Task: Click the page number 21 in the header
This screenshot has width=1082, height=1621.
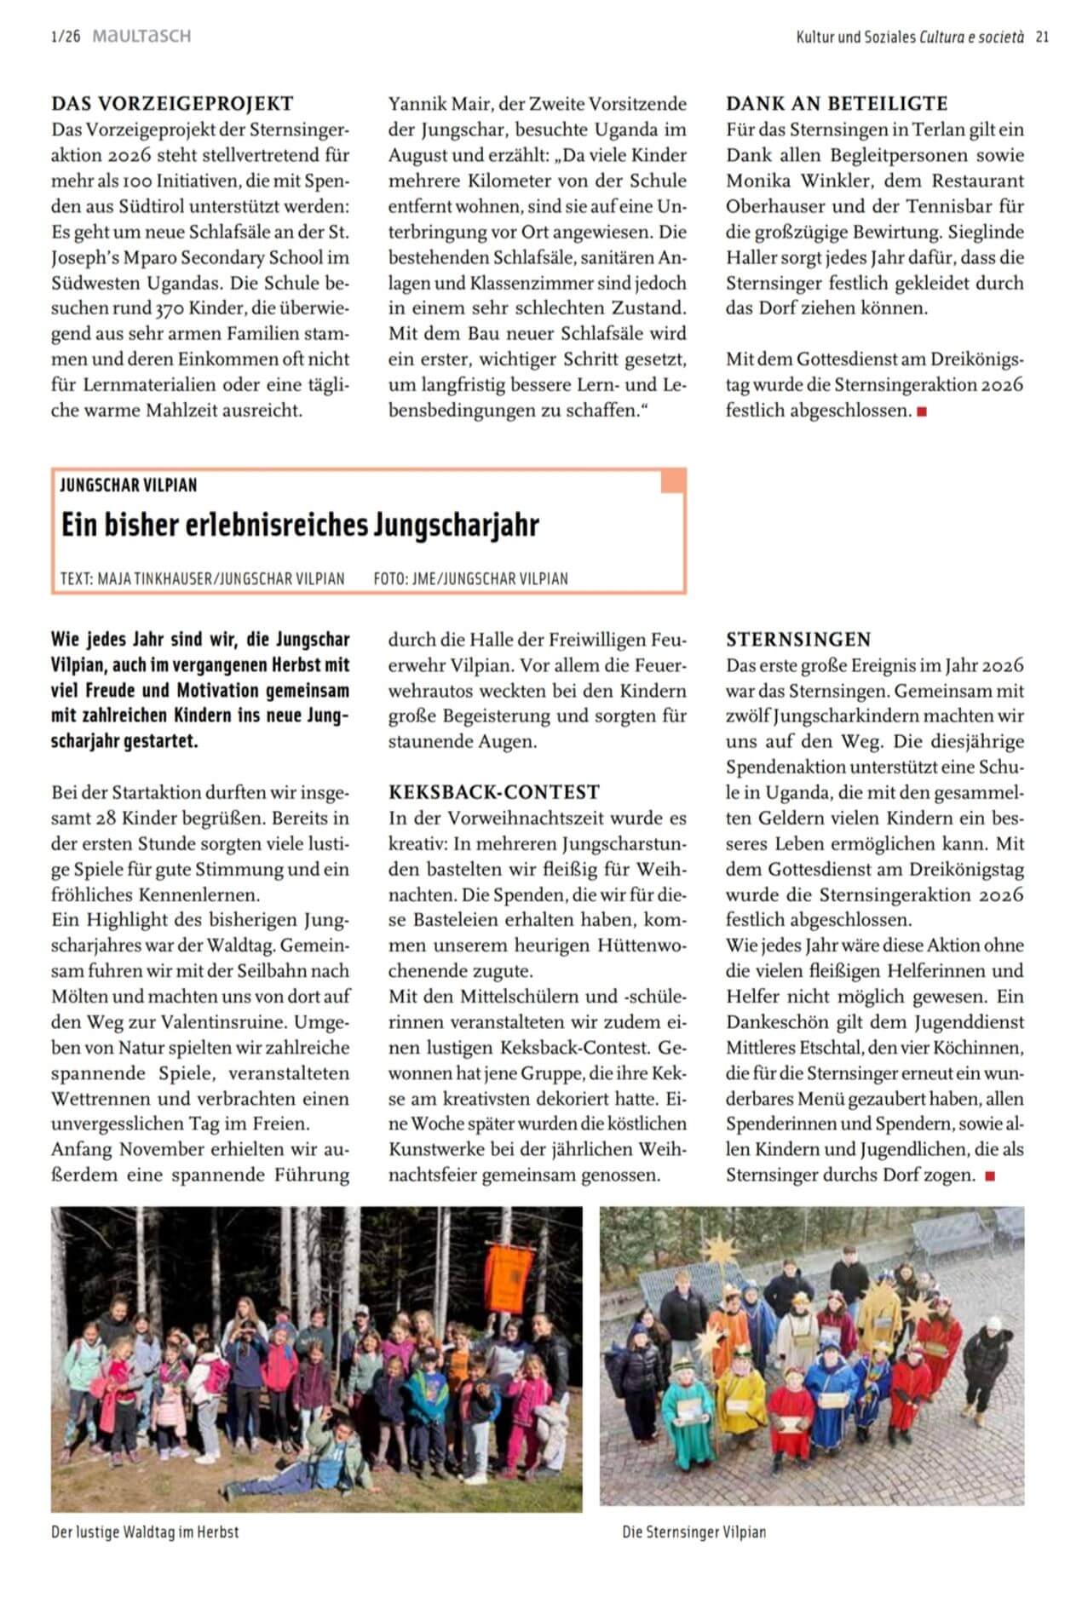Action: coord(1042,37)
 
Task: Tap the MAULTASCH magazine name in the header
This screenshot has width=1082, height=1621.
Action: coord(141,36)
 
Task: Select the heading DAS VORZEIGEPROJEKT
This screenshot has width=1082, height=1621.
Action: coord(172,104)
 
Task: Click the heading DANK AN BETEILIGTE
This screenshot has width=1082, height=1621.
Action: coord(837,104)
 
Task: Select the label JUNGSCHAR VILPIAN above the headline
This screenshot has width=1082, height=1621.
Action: coord(129,486)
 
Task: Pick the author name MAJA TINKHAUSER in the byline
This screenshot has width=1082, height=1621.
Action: coord(154,579)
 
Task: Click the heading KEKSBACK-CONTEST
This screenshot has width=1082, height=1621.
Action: coord(494,792)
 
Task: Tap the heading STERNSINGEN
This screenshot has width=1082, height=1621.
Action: coord(798,640)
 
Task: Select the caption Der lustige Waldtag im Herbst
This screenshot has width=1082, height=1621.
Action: coord(145,1532)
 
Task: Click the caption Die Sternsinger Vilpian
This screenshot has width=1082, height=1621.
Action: coord(694,1532)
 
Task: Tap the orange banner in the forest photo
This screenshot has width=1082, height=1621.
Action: coord(508,1279)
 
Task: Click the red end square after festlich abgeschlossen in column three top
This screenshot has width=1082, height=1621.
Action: coord(921,412)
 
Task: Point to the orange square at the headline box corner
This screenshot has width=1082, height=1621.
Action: coord(672,480)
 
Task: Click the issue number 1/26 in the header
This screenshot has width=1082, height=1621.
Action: coord(66,37)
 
